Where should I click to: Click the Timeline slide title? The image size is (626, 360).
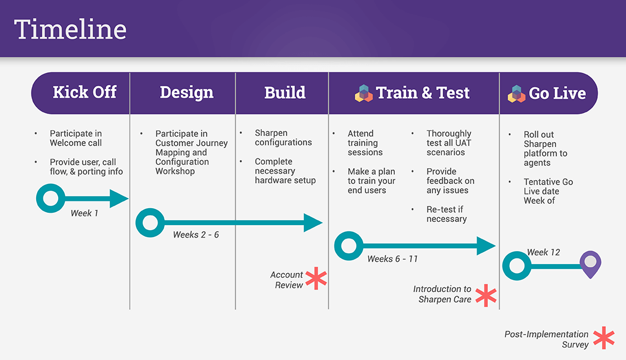(70, 29)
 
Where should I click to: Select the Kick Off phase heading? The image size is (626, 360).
(85, 93)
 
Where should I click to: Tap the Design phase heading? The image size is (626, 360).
(187, 93)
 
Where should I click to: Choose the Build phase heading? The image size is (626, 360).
(285, 93)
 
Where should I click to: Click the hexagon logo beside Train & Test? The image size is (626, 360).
(364, 93)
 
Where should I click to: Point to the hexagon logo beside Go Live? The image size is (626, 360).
(517, 94)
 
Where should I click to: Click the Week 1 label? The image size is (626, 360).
(85, 213)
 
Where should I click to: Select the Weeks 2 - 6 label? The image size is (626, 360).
(196, 235)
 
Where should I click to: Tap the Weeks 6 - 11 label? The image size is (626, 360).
(393, 259)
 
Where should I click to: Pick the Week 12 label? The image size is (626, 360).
(544, 252)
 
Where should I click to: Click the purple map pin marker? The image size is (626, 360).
(590, 264)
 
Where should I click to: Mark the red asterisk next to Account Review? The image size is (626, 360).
(316, 279)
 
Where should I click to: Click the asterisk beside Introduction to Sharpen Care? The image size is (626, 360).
(486, 295)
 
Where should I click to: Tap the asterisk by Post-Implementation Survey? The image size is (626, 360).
(603, 337)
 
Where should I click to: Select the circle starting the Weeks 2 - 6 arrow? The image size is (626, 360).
(150, 222)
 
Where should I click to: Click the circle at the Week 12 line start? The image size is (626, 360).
(517, 266)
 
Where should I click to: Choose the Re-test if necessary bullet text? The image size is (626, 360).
(447, 214)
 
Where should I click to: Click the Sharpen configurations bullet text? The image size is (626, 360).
(283, 138)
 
